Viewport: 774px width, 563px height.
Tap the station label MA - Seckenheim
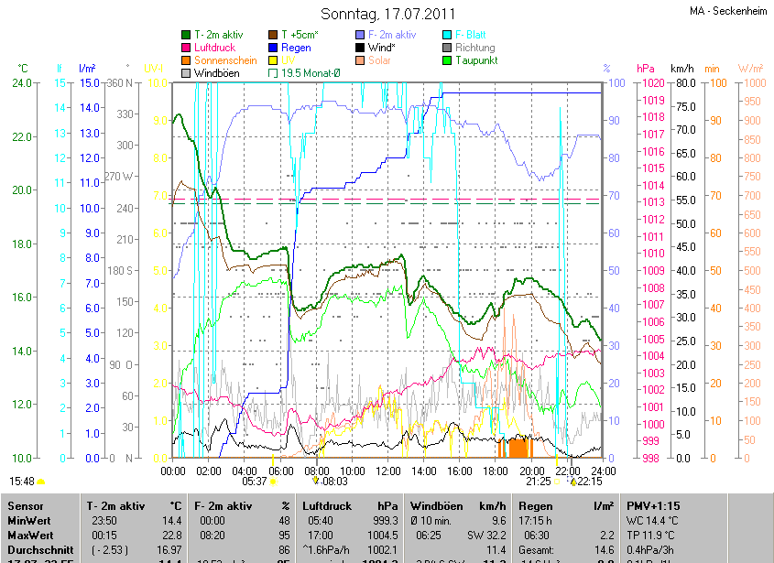tap(728, 11)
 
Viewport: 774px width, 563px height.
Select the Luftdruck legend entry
tap(215, 48)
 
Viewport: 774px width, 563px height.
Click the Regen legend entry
tap(296, 48)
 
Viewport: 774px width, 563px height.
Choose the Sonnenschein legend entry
tap(225, 60)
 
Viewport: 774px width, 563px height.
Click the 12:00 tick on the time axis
tap(388, 471)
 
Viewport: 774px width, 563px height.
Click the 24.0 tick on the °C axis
tap(21, 83)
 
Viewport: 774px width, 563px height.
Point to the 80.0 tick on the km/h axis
tap(683, 83)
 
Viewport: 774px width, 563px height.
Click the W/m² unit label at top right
tap(750, 69)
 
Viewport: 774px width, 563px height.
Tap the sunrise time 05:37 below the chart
tap(255, 481)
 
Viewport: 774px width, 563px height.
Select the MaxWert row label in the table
tap(28, 535)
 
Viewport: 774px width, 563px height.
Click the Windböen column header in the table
tap(435, 506)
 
